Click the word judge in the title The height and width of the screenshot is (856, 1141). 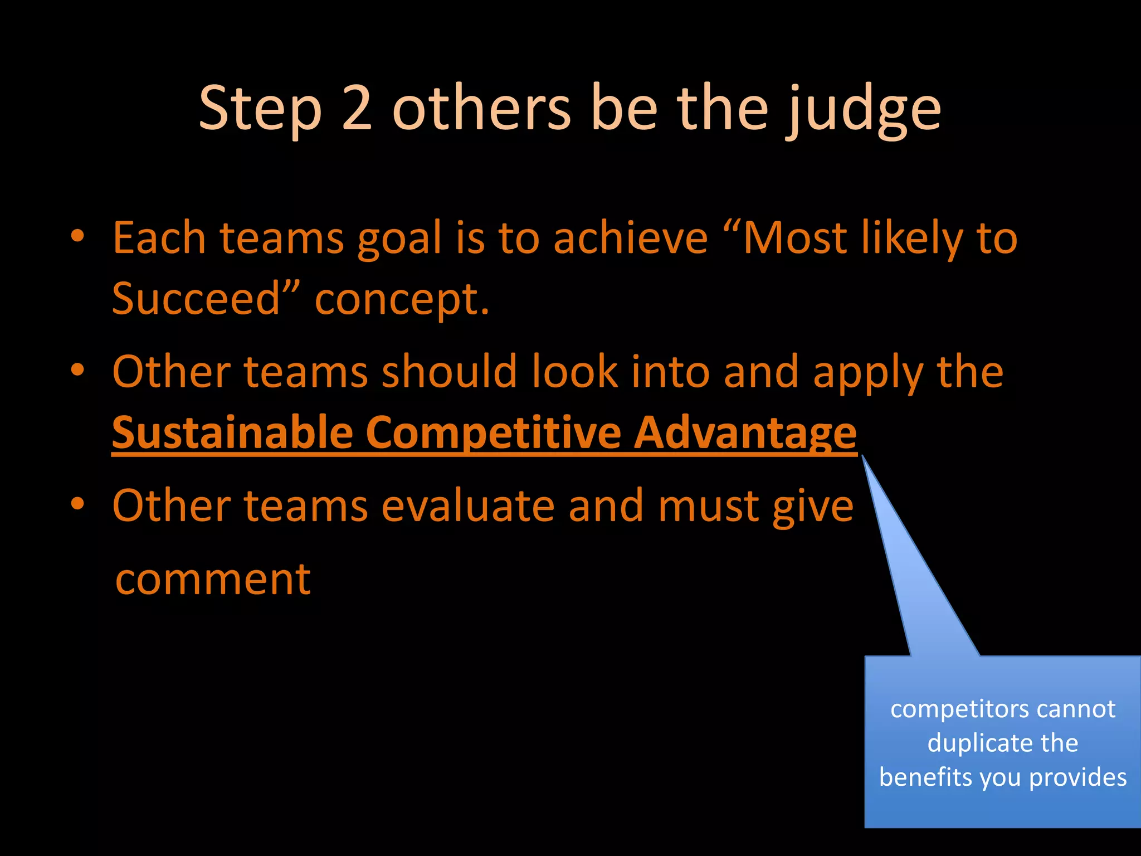click(x=863, y=111)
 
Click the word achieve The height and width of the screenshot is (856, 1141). click(x=630, y=238)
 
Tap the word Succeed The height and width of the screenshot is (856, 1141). click(x=195, y=299)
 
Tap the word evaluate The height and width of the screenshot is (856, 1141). click(x=468, y=505)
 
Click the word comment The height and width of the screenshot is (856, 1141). click(x=213, y=580)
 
